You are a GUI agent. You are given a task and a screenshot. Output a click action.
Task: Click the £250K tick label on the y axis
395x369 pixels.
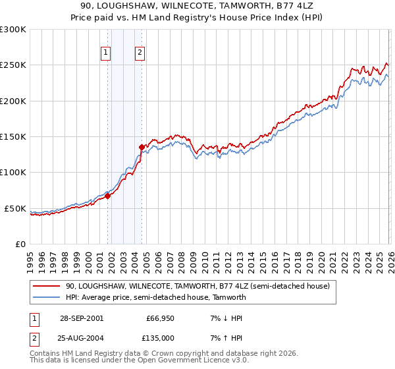point(13,65)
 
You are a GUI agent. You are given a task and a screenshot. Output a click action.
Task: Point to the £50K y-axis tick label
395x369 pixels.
point(15,208)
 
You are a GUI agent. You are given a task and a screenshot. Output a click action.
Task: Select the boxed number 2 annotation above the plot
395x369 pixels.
point(141,54)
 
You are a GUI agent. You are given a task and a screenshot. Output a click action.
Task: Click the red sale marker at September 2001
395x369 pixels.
point(108,196)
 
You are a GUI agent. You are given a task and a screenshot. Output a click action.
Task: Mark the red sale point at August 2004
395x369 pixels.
point(142,147)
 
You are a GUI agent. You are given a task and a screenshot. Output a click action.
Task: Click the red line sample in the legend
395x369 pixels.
point(47,287)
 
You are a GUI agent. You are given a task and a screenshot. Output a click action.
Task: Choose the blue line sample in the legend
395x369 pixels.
point(47,297)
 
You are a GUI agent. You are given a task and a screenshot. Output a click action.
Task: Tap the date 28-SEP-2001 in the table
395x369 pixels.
point(82,318)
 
